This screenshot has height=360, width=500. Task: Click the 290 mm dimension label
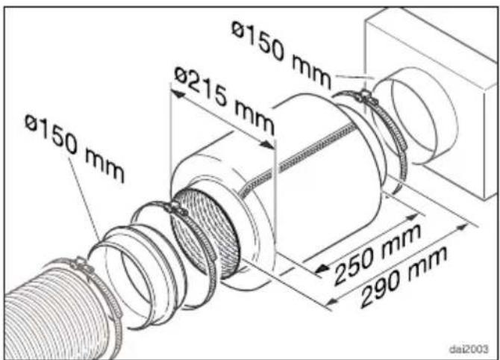(404, 277)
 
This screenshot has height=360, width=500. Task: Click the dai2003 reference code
(469, 349)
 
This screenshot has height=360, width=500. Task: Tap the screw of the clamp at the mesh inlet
(175, 209)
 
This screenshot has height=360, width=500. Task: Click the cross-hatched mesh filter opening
(206, 233)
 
